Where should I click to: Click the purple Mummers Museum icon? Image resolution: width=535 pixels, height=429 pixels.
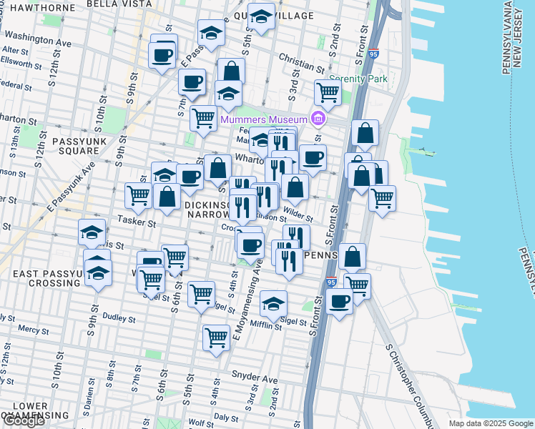pyautogui.click(x=319, y=119)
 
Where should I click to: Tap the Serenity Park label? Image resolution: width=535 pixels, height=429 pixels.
pyautogui.click(x=358, y=79)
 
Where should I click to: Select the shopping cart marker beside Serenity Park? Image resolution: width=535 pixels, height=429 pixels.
pyautogui.click(x=327, y=92)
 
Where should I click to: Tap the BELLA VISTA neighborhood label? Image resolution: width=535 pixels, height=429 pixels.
pyautogui.click(x=119, y=4)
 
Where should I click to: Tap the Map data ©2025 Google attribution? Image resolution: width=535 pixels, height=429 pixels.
pyautogui.click(x=490, y=423)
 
